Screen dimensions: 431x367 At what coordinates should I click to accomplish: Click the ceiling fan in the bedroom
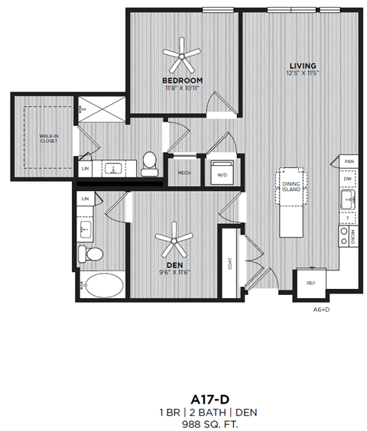[x=182, y=53]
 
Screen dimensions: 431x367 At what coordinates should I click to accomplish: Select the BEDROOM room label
[x=182, y=80]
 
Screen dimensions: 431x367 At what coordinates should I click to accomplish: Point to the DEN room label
[x=174, y=265]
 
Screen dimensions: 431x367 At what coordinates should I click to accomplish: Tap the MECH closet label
[x=183, y=173]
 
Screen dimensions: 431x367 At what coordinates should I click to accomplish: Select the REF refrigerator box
[x=311, y=283]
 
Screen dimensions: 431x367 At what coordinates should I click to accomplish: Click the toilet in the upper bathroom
[x=150, y=162]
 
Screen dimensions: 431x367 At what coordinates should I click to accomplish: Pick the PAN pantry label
[x=348, y=161]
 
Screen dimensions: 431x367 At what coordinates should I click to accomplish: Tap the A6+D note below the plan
[x=321, y=310]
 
